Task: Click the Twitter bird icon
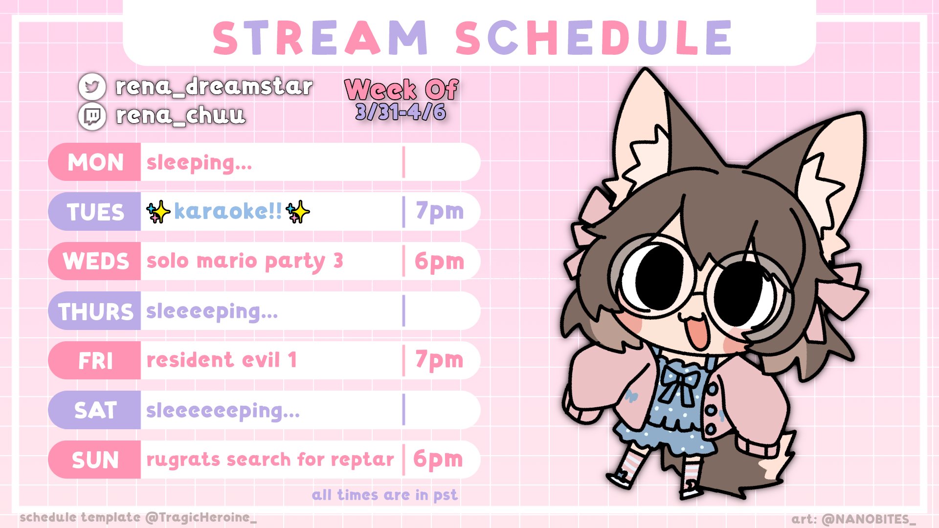point(92,87)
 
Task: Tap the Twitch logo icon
point(92,116)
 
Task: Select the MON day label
point(95,162)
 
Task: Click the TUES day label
point(95,212)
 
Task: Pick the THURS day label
point(95,311)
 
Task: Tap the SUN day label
point(95,460)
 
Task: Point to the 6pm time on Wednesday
point(439,262)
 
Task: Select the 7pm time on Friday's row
point(439,361)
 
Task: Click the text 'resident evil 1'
point(222,360)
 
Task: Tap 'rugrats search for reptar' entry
point(270,460)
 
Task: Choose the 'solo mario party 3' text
point(245,262)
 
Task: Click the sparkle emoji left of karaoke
point(158,212)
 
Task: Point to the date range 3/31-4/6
point(401,112)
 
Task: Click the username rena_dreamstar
point(214,87)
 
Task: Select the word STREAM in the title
point(320,38)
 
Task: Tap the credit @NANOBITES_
point(869,519)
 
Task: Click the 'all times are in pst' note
point(385,495)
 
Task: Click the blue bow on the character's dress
point(680,384)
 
